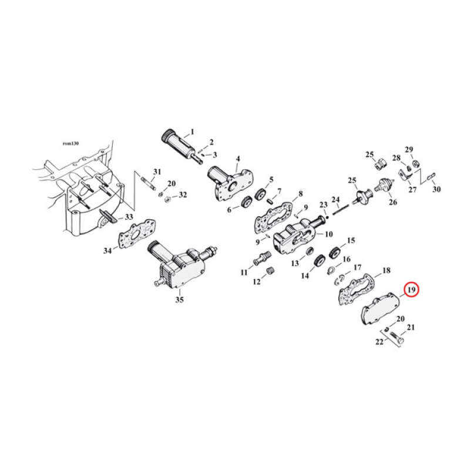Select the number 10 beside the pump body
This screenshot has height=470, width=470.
point(328,234)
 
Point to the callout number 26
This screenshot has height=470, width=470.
point(392,204)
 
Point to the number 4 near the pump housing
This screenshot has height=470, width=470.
point(238,159)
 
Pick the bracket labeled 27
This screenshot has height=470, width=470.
point(405,176)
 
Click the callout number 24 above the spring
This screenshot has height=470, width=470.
point(336,199)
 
